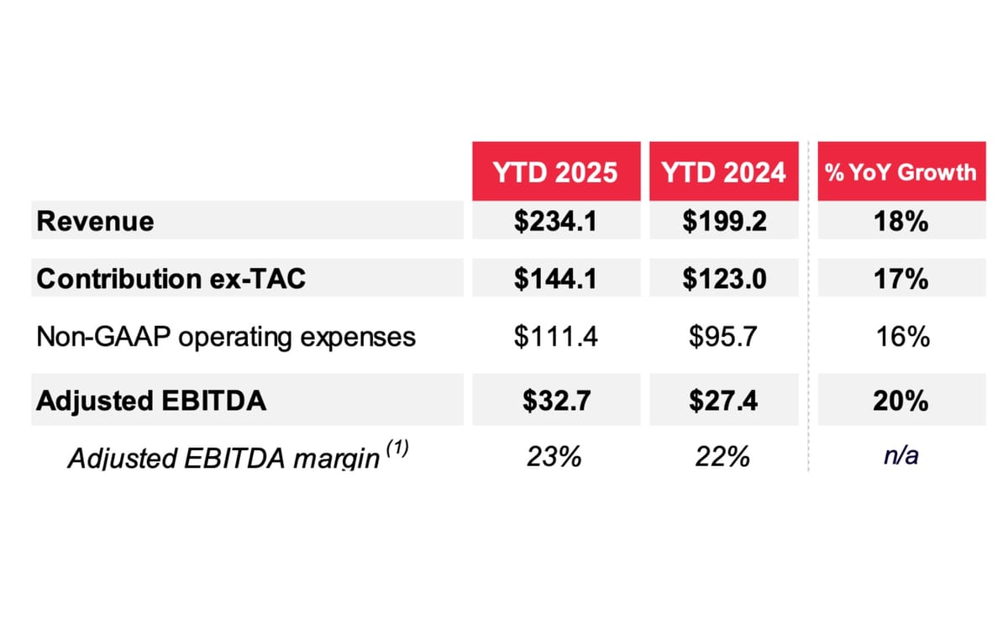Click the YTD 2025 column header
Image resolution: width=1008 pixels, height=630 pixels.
pyautogui.click(x=555, y=172)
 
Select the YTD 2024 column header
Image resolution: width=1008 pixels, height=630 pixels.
pyautogui.click(x=723, y=172)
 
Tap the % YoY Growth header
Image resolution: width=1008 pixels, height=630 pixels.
pyautogui.click(x=900, y=172)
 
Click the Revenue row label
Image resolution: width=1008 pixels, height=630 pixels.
pyautogui.click(x=96, y=221)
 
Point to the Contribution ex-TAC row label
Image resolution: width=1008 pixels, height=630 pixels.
pyautogui.click(x=171, y=279)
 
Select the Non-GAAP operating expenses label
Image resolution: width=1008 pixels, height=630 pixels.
pyautogui.click(x=225, y=337)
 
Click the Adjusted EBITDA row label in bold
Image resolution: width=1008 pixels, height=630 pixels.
pyautogui.click(x=151, y=401)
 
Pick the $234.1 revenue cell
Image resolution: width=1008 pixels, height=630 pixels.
pyautogui.click(x=555, y=221)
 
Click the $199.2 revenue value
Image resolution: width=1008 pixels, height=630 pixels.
pyautogui.click(x=723, y=221)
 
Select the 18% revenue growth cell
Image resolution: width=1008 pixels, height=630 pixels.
pyautogui.click(x=900, y=221)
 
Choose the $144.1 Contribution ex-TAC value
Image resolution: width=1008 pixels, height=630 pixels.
pyautogui.click(x=555, y=279)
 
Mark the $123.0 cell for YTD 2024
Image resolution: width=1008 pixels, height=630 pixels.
pyautogui.click(x=723, y=279)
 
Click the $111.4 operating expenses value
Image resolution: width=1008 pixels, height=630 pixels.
pyautogui.click(x=555, y=337)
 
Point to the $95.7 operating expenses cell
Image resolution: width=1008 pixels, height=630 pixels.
pyautogui.click(x=723, y=337)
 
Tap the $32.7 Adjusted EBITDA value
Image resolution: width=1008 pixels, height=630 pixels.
pyautogui.click(x=555, y=401)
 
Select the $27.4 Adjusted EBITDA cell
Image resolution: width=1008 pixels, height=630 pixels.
pyautogui.click(x=723, y=401)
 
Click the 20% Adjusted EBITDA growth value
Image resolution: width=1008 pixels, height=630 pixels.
pyautogui.click(x=900, y=401)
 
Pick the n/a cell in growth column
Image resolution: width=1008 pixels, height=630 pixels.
pyautogui.click(x=900, y=459)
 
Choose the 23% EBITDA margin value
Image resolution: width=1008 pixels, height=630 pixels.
pyautogui.click(x=555, y=459)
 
